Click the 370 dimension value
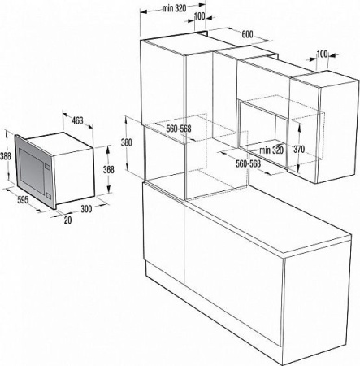[300, 149]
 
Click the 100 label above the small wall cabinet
[323, 54]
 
